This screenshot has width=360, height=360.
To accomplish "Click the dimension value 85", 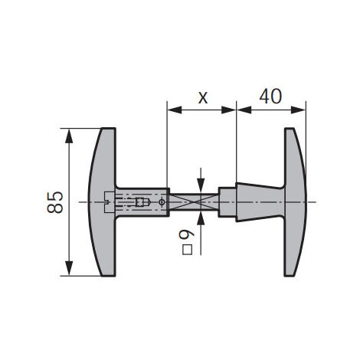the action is coord(55,202).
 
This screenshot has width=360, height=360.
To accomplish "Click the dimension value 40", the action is coord(270,97).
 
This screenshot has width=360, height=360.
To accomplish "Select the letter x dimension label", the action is coord(203,98).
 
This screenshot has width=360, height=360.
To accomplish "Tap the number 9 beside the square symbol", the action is coord(187,234).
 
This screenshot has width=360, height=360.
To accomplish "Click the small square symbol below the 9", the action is coord(188,250).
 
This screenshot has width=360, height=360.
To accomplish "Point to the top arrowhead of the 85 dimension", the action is coord(69,136).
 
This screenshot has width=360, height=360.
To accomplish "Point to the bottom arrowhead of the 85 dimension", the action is coord(69,268).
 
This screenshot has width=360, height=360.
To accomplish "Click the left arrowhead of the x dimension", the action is coord(174,110).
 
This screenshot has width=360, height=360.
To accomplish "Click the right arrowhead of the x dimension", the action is coord(228,110).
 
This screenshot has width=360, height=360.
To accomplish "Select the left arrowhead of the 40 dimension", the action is coord(244,110).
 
